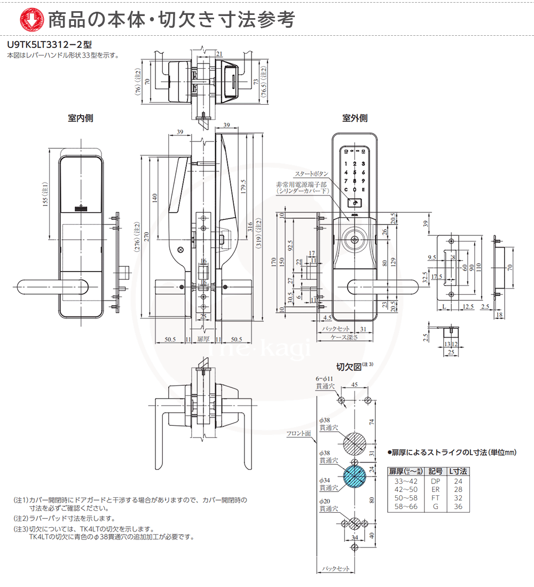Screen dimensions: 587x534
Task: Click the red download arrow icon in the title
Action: [x=28, y=19]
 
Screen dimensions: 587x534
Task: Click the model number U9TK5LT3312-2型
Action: [x=45, y=46]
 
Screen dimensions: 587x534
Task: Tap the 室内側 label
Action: [x=81, y=118]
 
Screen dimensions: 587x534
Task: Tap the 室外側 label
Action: [x=355, y=118]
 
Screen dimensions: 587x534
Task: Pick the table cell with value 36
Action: [x=458, y=506]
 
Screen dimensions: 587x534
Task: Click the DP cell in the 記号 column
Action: [x=435, y=481]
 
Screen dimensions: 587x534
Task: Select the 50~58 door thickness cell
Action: [x=405, y=498]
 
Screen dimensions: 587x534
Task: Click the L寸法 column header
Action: [x=458, y=471]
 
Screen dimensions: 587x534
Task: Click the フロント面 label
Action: [x=299, y=434]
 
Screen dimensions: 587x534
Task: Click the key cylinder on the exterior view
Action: [x=355, y=240]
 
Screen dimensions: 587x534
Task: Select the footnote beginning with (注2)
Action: [x=64, y=519]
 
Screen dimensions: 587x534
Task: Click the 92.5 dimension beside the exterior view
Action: [x=290, y=246]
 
